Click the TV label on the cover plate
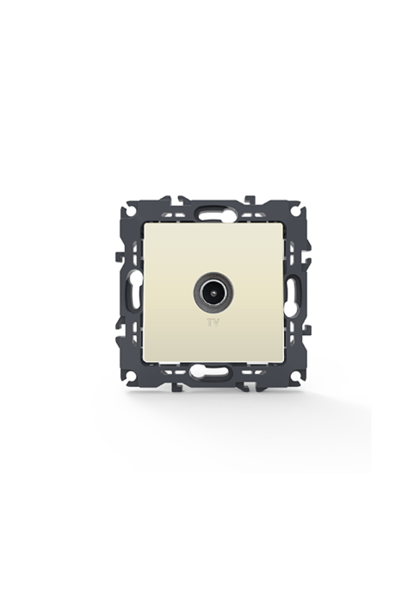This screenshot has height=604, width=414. click(x=213, y=323)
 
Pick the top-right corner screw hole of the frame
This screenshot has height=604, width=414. click(x=294, y=211)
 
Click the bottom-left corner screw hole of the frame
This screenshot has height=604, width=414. click(x=132, y=374)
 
